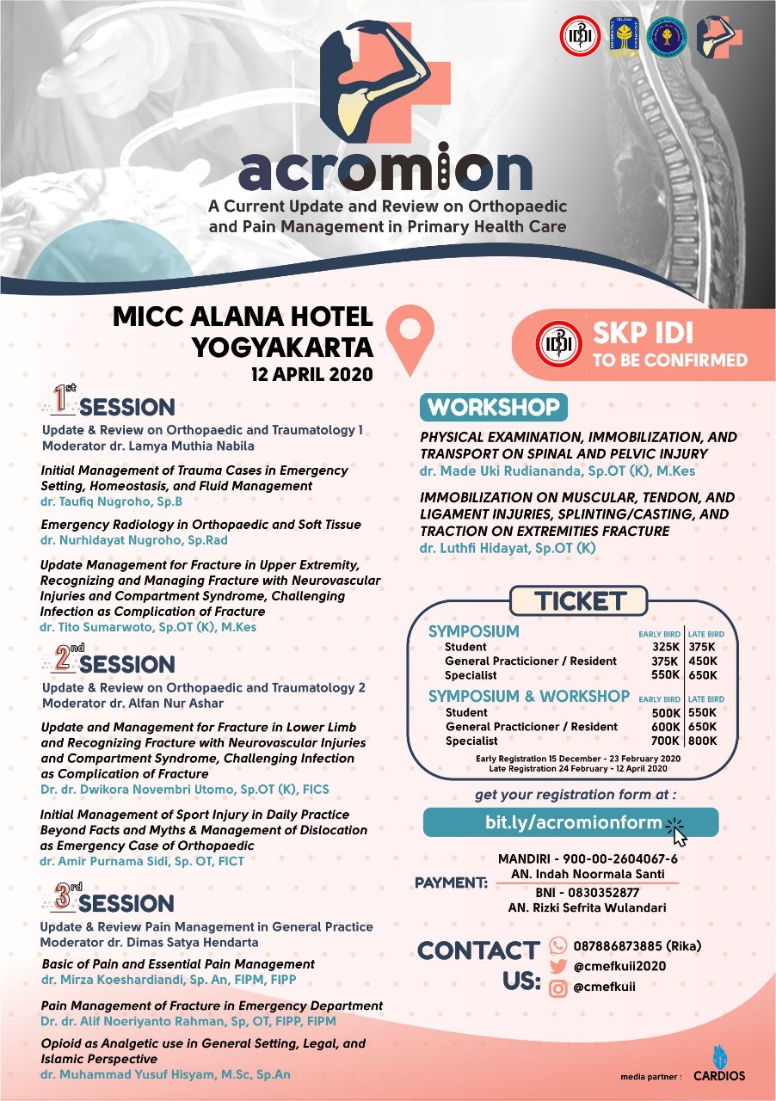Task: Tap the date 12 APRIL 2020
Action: tap(311, 375)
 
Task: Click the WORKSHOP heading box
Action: tap(494, 407)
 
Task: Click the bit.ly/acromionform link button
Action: tap(572, 822)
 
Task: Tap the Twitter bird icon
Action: tap(558, 966)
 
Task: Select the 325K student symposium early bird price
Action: tap(666, 647)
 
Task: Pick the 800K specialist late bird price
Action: tap(703, 741)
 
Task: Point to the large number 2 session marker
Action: tap(62, 661)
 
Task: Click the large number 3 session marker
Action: tap(62, 899)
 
